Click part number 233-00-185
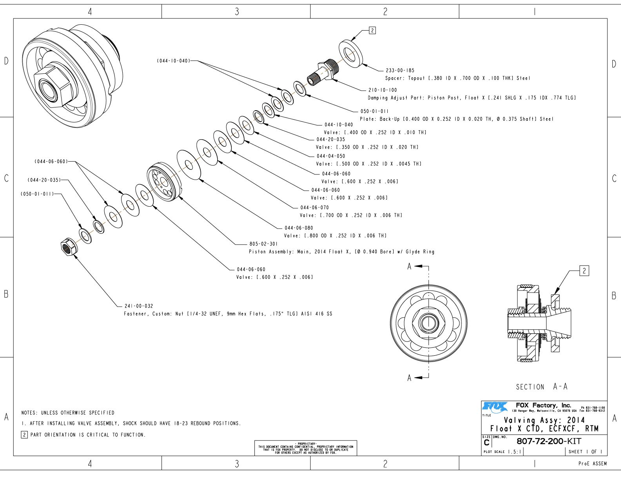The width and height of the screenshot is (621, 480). pos(400,71)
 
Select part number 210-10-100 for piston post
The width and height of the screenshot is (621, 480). pos(382,90)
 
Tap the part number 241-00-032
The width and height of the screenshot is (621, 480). pos(139,306)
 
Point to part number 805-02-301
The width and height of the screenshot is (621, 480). pos(263,244)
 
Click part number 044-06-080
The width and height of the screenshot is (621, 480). pos(299,228)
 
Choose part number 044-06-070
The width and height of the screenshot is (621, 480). pos(314,207)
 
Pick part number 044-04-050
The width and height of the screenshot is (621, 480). pos(331,156)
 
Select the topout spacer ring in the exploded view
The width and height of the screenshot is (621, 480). pos(350,53)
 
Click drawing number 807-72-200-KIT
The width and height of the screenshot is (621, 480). pos(549,441)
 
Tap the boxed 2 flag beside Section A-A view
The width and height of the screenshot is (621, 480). pos(584,271)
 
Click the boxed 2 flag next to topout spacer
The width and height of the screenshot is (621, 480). pos(372,30)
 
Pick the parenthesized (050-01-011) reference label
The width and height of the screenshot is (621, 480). pos(37,194)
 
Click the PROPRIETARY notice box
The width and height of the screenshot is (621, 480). pos(305,448)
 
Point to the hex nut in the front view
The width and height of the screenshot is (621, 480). pos(429,323)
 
